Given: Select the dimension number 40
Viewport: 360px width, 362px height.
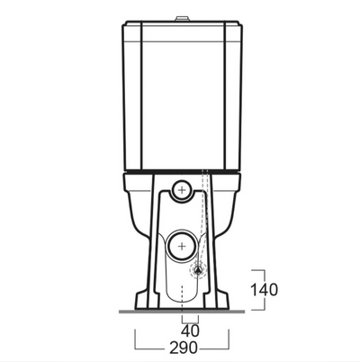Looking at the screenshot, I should [191, 330].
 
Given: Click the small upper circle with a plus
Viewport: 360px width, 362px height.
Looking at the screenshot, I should [183, 189].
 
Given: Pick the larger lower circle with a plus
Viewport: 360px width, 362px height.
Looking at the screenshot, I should [183, 245].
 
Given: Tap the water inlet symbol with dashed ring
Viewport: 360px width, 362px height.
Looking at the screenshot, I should [197, 267].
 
